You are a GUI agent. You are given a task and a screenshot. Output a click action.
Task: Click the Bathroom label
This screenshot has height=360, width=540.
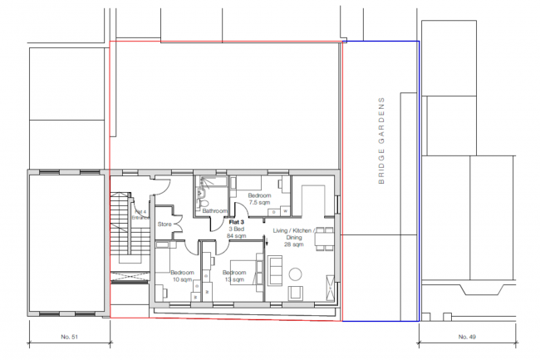214,211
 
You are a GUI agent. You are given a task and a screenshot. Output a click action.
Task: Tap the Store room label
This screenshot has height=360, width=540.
164,223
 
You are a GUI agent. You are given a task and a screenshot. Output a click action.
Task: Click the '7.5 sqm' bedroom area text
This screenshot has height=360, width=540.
260,202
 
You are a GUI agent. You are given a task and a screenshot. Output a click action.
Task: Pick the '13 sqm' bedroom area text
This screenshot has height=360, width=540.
233,279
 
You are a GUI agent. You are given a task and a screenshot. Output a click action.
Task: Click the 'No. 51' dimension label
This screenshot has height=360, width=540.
68,337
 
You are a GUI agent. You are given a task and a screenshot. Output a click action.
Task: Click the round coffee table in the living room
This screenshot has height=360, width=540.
296,274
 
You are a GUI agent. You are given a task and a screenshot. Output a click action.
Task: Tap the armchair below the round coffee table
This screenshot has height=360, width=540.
296,296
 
